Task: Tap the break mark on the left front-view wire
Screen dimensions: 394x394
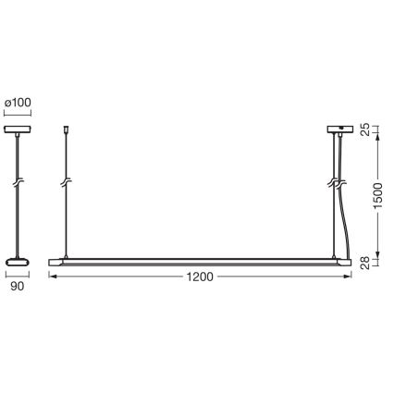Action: [x=66, y=181]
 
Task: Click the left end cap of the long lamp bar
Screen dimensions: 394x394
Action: [x=54, y=263]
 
